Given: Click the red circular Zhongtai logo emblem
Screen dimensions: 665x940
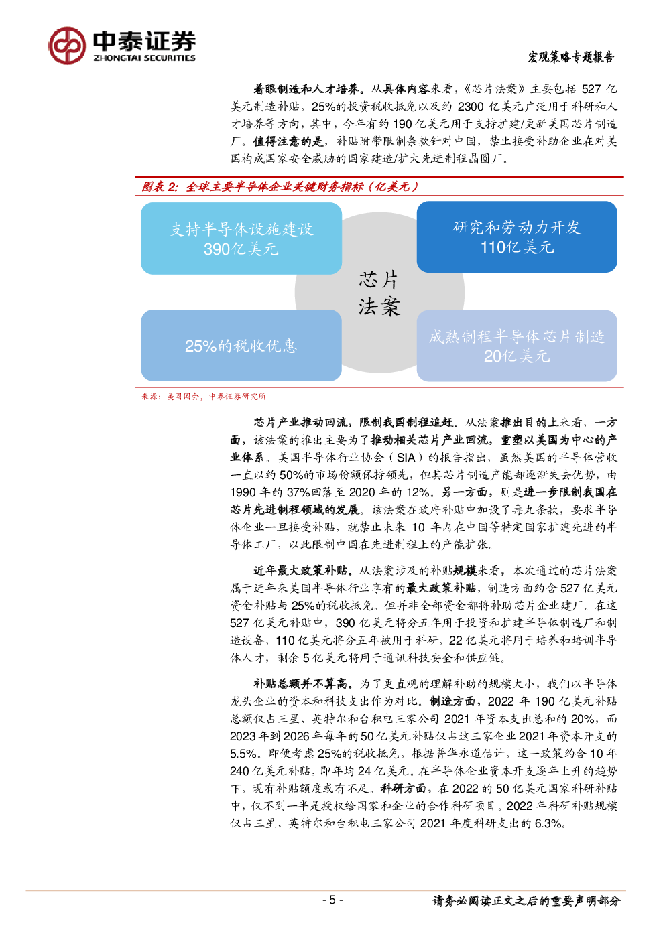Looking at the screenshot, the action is pos(67,46).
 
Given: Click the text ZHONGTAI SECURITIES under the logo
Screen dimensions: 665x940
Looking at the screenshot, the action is pos(144,58).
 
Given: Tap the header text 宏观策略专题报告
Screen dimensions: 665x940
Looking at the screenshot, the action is pos(571,57).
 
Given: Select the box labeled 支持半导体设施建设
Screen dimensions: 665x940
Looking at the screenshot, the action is pos(241,239).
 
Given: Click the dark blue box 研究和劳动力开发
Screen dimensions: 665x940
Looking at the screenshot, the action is pos(517,237).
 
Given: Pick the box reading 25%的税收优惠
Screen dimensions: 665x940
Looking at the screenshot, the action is pos(241,345).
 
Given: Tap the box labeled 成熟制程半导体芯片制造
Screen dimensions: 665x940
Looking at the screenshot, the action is pos(517,345).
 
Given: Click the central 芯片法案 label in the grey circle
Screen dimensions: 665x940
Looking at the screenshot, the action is pos(379,293).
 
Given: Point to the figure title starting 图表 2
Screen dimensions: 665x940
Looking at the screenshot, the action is pos(280,186).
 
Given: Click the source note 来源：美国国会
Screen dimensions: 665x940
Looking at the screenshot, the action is pos(204,396).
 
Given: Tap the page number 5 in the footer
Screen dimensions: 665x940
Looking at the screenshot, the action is pos(332,900).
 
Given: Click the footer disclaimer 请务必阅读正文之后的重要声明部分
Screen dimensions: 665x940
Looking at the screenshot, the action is pos(526,900).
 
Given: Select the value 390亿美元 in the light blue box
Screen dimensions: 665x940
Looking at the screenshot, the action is pos(241,249).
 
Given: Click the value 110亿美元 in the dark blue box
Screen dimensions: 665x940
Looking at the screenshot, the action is pos(517,247).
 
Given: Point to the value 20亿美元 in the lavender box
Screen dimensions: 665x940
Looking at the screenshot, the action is pos(517,356).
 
